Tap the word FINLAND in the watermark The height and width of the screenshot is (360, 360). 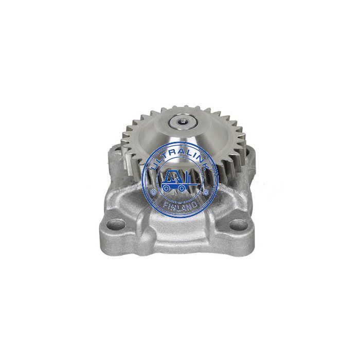point(180,206)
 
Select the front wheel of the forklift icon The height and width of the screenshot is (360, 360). point(182,188)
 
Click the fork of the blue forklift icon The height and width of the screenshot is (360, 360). point(192,184)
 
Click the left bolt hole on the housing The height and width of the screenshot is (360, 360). point(116,223)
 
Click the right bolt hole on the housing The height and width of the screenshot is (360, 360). point(238,223)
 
